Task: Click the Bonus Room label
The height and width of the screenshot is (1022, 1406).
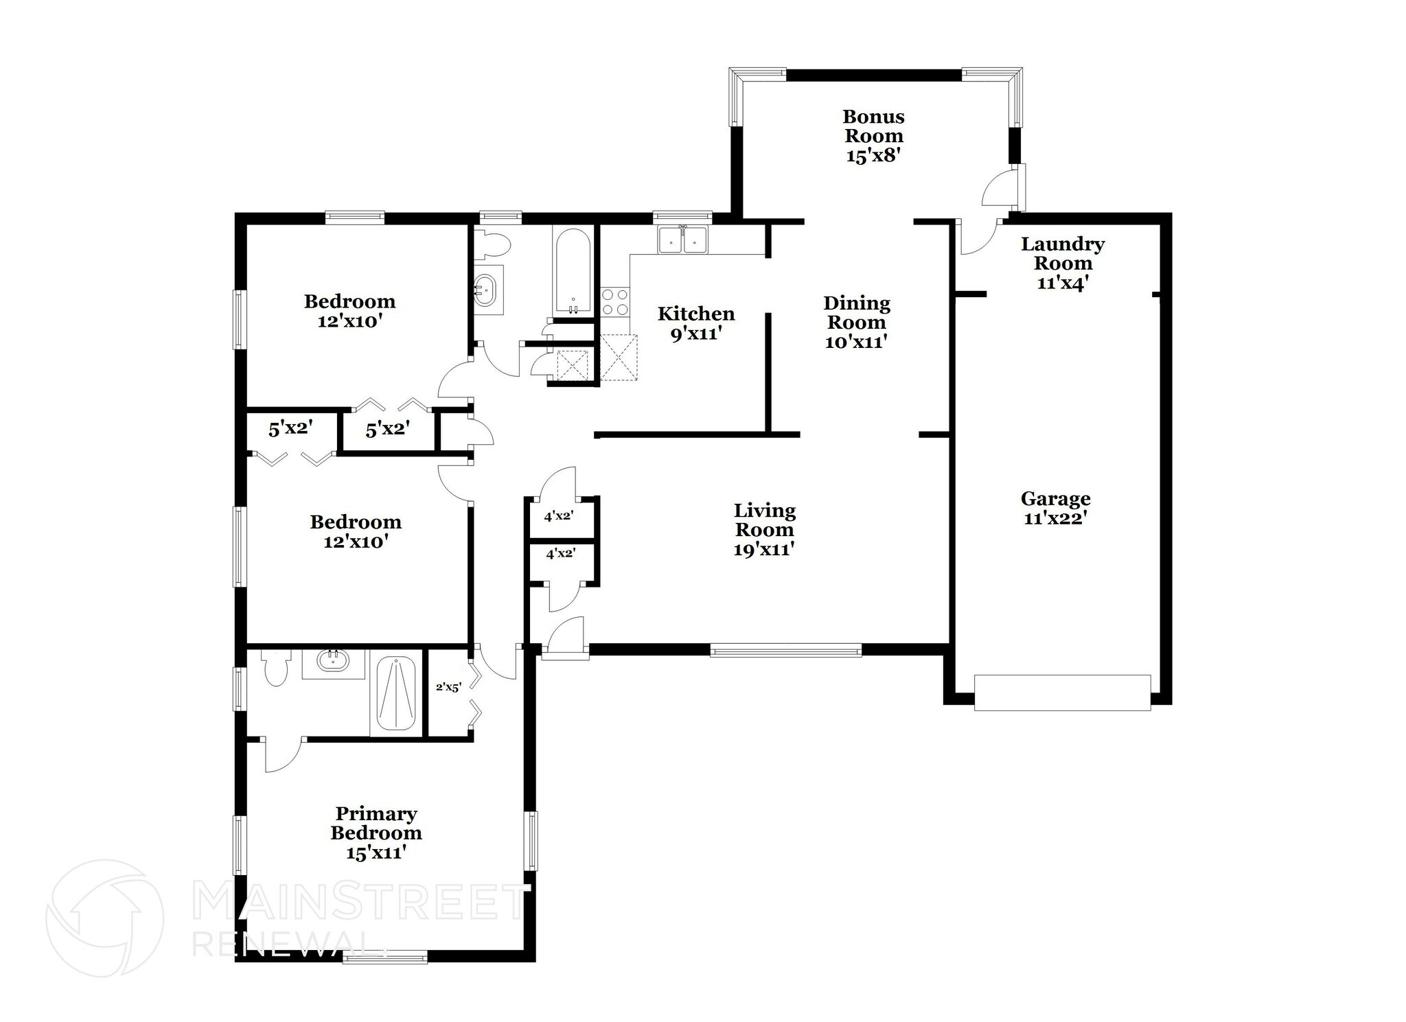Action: tap(873, 126)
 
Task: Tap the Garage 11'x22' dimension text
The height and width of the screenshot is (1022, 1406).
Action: tap(1054, 518)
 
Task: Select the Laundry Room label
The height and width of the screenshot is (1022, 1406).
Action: tap(1062, 253)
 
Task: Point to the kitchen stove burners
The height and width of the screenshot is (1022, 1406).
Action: tap(615, 301)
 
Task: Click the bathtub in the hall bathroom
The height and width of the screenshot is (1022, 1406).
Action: tap(572, 271)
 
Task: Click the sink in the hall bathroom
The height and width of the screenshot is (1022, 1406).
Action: tap(486, 290)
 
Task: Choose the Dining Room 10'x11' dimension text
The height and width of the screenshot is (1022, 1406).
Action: tap(856, 341)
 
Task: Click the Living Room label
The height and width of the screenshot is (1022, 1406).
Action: tap(764, 520)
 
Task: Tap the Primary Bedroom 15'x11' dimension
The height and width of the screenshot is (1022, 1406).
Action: tap(376, 852)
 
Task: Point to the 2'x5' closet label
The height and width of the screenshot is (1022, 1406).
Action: tap(448, 686)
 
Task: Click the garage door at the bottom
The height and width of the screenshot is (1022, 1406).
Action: tap(1061, 692)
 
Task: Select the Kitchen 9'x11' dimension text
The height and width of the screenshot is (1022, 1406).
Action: tap(696, 334)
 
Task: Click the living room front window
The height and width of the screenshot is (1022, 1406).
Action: tap(785, 650)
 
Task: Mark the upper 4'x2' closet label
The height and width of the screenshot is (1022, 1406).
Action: tap(558, 516)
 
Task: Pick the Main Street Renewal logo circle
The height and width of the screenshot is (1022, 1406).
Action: tap(104, 918)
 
